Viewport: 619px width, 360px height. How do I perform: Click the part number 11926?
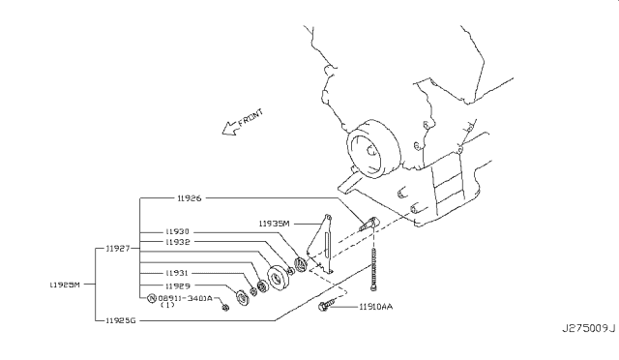point(189,197)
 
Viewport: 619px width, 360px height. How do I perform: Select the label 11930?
point(177,232)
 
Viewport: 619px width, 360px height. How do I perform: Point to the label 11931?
point(177,273)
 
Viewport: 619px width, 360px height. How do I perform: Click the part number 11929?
point(177,286)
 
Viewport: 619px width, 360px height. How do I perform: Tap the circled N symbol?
point(152,298)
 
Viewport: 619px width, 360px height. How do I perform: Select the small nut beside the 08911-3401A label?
point(224,308)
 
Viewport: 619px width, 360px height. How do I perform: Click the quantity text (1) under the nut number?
point(166,307)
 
